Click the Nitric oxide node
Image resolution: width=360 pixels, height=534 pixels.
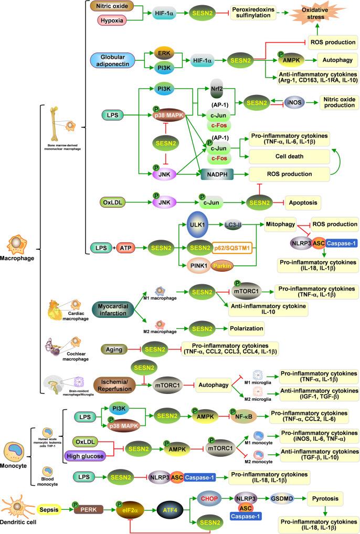(x=111, y=6)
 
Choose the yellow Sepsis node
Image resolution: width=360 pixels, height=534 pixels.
(x=51, y=508)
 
